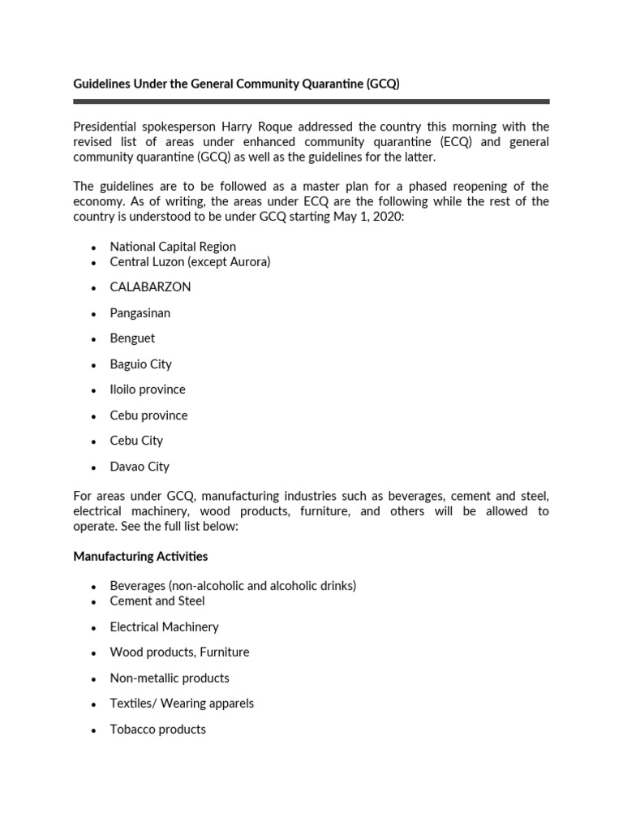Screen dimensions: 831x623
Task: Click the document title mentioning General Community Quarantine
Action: click(x=236, y=84)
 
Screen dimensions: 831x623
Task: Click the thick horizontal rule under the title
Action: click(x=311, y=101)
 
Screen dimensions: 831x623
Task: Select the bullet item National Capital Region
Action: click(x=173, y=246)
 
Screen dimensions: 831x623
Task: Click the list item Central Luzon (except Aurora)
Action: click(x=190, y=261)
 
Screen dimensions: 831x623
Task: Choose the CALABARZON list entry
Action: click(x=150, y=287)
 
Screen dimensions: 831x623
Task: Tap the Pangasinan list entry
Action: click(x=140, y=312)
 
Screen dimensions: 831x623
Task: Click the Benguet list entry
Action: click(x=132, y=338)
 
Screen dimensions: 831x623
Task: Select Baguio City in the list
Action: click(x=140, y=364)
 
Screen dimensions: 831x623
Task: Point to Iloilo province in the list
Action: click(x=148, y=390)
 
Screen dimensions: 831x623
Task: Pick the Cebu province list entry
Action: click(x=148, y=415)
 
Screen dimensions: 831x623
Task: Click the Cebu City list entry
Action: click(x=136, y=441)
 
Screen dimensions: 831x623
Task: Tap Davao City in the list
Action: click(x=140, y=467)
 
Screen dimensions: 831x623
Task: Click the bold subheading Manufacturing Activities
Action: click(x=140, y=556)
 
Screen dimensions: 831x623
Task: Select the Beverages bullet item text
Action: click(x=233, y=585)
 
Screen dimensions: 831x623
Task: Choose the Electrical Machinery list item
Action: click(x=164, y=626)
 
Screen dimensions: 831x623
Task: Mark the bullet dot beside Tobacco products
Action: click(x=94, y=730)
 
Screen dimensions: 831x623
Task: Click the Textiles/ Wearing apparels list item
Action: click(x=182, y=704)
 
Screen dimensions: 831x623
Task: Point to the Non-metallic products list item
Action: click(x=170, y=678)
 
